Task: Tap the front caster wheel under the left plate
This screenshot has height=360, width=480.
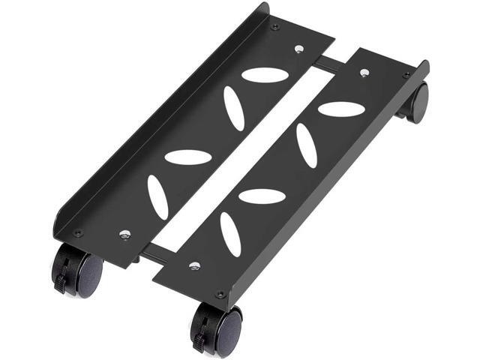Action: [79, 271]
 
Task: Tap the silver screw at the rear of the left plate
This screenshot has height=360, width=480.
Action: [299, 49]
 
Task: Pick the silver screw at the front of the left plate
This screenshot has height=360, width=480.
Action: [123, 234]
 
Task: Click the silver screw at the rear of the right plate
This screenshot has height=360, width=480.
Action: [364, 73]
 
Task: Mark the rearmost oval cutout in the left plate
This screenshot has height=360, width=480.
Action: [265, 75]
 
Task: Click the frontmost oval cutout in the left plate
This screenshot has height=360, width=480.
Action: [157, 196]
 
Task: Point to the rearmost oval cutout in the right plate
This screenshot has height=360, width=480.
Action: [341, 109]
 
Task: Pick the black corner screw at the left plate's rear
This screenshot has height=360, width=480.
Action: [276, 27]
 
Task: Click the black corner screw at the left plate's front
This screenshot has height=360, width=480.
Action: [77, 233]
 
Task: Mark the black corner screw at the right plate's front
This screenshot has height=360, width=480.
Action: [220, 294]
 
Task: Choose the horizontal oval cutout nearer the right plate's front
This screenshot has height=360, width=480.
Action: [262, 196]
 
